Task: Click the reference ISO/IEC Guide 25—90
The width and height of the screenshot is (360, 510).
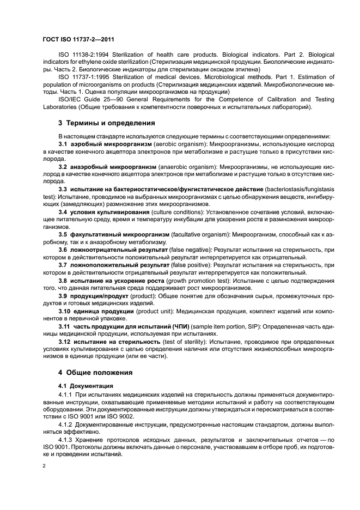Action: tap(87, 99)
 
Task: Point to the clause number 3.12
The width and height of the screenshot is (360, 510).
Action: tap(64, 341)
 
